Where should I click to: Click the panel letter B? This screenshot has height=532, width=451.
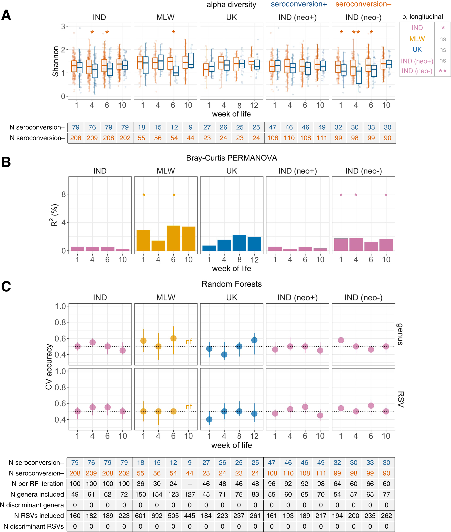tap(6, 162)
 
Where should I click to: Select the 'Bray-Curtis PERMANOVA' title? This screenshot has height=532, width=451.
tap(231, 158)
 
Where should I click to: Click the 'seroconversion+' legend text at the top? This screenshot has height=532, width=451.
tap(299, 4)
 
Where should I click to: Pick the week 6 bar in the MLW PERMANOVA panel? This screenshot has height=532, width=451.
tap(173, 238)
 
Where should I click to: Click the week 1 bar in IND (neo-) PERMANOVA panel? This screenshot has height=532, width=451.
tap(341, 244)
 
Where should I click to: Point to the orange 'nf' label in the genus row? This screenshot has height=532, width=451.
tap(189, 341)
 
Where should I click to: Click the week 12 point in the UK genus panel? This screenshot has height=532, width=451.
tap(254, 340)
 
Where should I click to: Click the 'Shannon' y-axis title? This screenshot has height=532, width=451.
tap(55, 61)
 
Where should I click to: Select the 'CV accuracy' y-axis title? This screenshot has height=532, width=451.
tap(49, 367)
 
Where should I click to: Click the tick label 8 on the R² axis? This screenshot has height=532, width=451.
tap(64, 194)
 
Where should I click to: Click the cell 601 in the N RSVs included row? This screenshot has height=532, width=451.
tap(140, 516)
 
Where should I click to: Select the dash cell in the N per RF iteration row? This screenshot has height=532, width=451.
tap(189, 484)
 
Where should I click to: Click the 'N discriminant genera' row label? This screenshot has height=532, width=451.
tap(32, 505)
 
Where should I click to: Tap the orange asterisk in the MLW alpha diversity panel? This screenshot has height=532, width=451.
tap(173, 32)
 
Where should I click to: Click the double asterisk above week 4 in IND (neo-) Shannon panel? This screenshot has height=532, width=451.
tap(356, 32)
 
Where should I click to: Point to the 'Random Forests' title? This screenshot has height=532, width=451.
tap(231, 284)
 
